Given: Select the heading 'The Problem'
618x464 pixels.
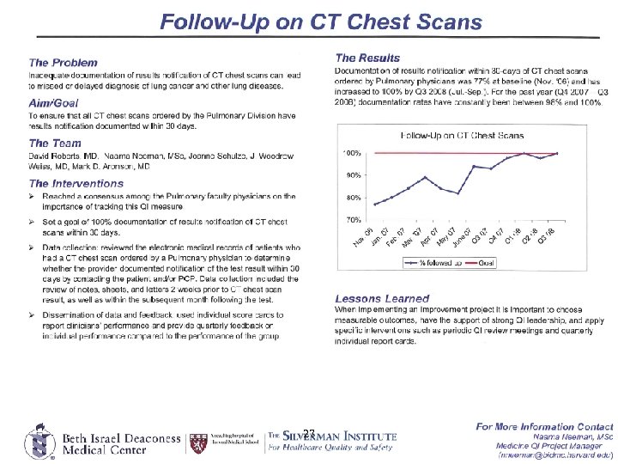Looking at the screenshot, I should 63,63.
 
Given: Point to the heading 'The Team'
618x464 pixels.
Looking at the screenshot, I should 55,143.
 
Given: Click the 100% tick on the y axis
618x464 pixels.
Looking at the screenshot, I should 352,153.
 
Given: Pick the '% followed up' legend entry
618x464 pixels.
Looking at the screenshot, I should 436,262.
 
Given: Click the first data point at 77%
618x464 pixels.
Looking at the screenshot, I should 375,205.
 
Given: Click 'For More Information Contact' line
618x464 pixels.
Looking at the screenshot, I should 545,426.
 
